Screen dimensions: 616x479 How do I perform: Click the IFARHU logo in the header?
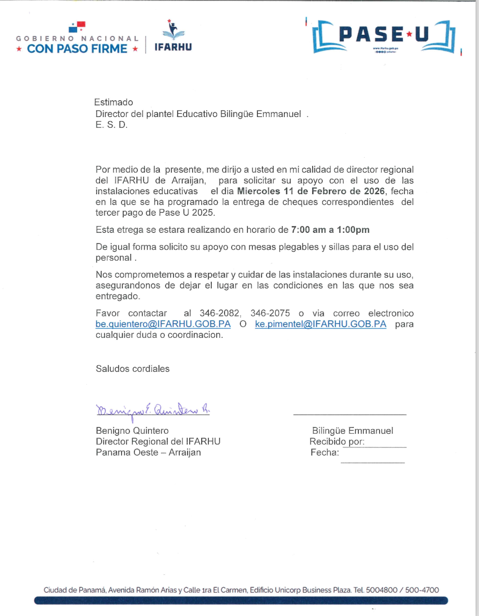point(173,36)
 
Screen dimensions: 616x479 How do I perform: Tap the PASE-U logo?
point(383,36)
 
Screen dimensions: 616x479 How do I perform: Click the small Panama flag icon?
point(77,27)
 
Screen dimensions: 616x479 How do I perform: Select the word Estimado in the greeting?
point(113,103)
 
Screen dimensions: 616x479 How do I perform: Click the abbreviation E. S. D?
point(111,125)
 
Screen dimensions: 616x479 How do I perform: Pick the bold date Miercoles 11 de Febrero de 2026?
point(311,191)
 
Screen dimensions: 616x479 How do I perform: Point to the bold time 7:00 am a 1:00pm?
point(330,230)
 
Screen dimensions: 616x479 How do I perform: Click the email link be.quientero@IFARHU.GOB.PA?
point(163,324)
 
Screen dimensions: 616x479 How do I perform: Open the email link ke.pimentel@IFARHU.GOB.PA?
point(320,324)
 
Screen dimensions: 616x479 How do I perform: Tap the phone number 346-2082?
point(219,313)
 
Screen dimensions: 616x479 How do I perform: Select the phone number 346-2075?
point(270,313)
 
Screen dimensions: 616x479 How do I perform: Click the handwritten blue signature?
point(153,411)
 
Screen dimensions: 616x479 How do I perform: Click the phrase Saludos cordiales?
point(133,369)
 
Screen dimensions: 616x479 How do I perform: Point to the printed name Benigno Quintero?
point(132,431)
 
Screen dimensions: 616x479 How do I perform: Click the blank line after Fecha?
point(373,460)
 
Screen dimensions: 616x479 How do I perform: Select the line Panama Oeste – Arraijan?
point(148,452)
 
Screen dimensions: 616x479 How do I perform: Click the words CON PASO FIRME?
point(77,49)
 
